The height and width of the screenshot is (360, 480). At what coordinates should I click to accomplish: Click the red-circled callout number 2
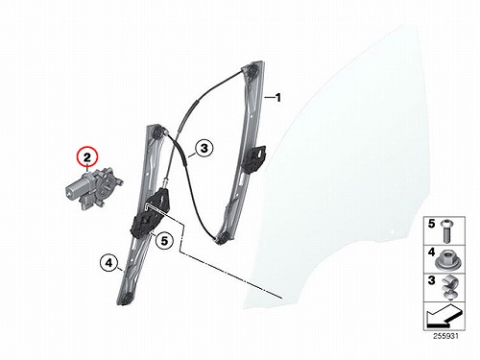(87, 157)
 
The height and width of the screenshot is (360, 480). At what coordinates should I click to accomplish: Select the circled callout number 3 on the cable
(204, 148)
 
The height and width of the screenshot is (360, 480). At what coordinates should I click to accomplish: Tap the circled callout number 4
(109, 263)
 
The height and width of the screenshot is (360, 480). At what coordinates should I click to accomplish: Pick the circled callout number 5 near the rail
(164, 240)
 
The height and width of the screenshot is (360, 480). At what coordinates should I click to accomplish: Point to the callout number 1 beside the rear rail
(278, 97)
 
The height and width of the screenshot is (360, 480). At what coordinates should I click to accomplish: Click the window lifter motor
(93, 189)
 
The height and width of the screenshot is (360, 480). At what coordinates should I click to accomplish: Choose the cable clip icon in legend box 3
(448, 287)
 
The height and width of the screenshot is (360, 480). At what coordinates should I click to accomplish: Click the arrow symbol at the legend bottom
(444, 316)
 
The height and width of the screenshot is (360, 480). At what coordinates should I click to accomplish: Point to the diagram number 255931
(445, 336)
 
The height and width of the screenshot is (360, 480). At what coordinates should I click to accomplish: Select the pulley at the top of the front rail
(156, 132)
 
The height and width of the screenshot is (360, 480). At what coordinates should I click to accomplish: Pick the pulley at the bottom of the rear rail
(224, 238)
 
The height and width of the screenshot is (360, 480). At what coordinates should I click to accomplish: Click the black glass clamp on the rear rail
(254, 158)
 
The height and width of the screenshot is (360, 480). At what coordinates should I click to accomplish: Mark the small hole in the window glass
(393, 231)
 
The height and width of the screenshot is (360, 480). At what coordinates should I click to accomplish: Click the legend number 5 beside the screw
(432, 224)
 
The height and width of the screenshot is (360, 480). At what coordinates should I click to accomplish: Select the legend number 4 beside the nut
(432, 252)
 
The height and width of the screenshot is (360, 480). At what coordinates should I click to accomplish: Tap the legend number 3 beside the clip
(432, 280)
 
